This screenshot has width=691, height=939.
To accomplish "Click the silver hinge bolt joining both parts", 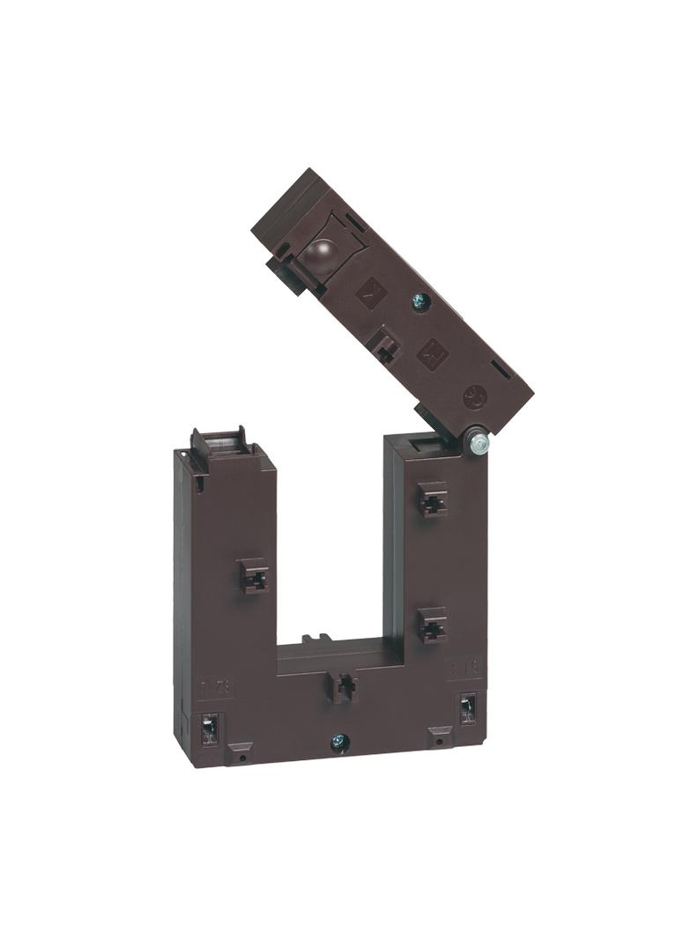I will coord(479,442).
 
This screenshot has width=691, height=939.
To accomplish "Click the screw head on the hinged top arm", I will coord(420,302).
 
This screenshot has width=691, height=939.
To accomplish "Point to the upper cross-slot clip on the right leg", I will coord(432,501).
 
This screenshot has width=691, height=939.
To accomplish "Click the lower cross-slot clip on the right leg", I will coord(432,625).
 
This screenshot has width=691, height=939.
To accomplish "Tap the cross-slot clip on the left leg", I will coord(254,576).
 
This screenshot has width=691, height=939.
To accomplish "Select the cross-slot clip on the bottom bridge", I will coord(344,685).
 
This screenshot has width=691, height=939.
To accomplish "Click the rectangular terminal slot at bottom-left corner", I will coord(211,728).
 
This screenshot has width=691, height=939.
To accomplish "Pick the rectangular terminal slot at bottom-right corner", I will coord(466,708).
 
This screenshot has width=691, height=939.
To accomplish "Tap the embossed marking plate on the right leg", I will coord(464,667).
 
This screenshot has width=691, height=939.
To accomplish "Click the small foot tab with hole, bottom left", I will coord(239,754).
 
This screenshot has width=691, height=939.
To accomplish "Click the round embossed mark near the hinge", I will coord(475,396).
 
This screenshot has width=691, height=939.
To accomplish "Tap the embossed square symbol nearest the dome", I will coord(370,292).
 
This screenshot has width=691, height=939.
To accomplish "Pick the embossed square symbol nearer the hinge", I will coord(432,354).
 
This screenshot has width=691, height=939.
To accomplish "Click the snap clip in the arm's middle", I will coord(385,344).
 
